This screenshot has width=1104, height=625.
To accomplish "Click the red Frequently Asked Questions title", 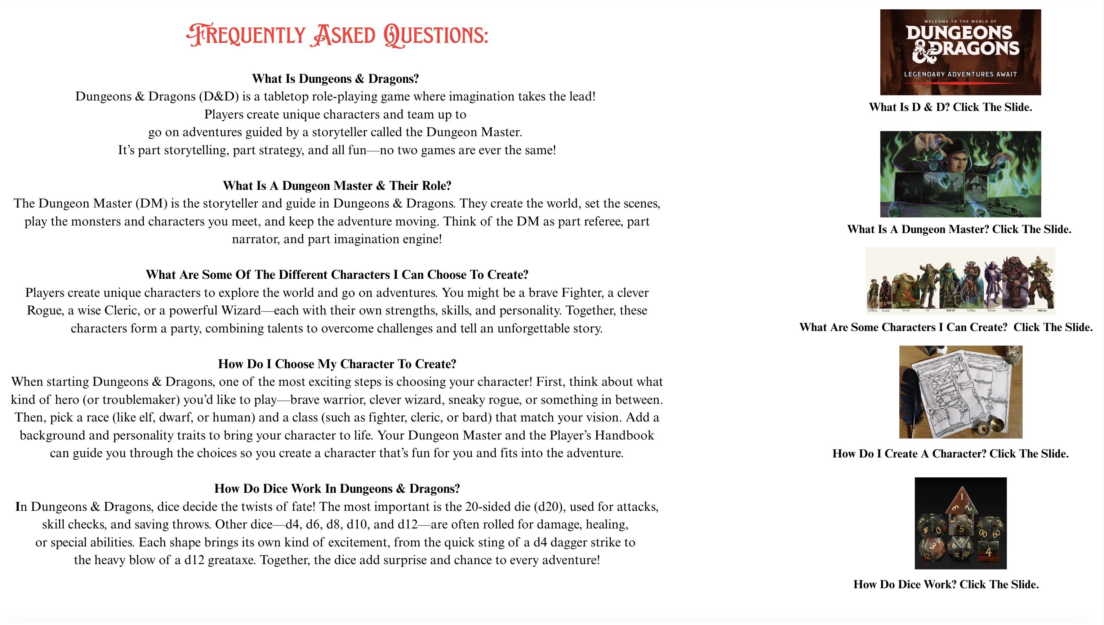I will coord(337,35).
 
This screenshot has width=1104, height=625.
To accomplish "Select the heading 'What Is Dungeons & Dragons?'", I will coord(335,79).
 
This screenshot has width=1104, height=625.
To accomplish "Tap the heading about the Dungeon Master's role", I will coord(337,186).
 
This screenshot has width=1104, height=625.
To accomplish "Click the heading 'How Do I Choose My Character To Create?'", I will coord(337,364).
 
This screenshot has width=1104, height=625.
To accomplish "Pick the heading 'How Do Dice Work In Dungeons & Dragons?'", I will coord(337,488).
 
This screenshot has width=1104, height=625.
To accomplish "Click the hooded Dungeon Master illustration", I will coord(960,174).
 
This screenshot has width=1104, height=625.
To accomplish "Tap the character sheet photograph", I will coord(960,392).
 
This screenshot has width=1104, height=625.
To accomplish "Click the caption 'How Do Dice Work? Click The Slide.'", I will coord(945,584).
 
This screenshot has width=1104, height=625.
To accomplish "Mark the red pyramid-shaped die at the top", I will coord(961,501).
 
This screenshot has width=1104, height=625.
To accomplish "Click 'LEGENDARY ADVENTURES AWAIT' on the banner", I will coord(960,74).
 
